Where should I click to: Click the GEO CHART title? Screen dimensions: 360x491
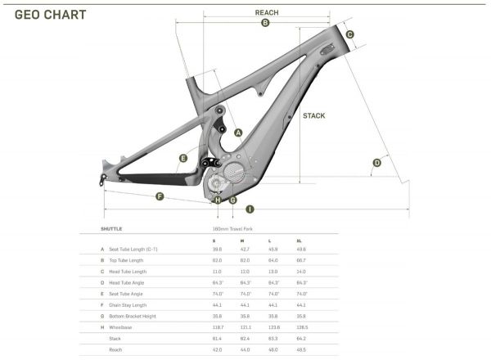pos(51,14)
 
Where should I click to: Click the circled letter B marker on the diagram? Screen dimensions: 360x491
pos(265,24)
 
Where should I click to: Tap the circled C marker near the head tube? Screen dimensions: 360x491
pos(349,34)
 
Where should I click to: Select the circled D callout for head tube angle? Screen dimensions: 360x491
pos(376,163)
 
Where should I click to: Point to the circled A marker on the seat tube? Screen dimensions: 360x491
pos(238,132)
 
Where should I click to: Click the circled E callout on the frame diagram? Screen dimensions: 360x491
pos(183,158)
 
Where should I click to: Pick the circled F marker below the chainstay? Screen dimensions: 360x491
pos(161,196)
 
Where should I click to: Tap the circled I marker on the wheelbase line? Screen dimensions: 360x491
pos(248,209)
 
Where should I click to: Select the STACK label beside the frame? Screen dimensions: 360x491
pos(313,116)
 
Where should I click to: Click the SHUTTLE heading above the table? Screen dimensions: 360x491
pos(112,230)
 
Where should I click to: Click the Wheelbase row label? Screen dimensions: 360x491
pos(122,326)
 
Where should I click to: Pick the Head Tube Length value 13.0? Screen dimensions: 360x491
pos(273,271)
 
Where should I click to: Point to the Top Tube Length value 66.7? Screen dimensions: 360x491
pos(303,259)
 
